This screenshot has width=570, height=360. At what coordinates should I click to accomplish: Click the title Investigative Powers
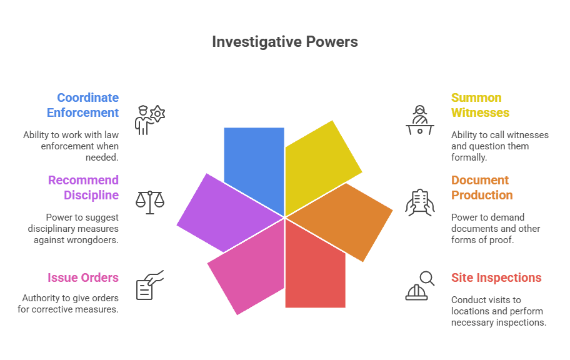pos(284,42)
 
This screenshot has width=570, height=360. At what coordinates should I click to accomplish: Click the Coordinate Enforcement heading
pos(82,105)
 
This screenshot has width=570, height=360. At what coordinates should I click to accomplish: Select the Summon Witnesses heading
pos(480,105)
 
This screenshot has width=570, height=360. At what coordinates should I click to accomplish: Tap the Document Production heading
pos(481,187)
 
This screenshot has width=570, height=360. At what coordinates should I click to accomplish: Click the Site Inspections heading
pos(496,277)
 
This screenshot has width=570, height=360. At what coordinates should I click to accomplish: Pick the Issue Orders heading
pos(83,277)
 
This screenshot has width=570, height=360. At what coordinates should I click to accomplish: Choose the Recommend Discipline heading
pos(84,187)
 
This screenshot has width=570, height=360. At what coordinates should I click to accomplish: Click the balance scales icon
pos(150,202)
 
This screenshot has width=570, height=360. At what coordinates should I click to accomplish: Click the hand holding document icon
pos(420,202)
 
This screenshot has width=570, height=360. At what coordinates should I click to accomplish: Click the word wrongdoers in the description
pos(94,240)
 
